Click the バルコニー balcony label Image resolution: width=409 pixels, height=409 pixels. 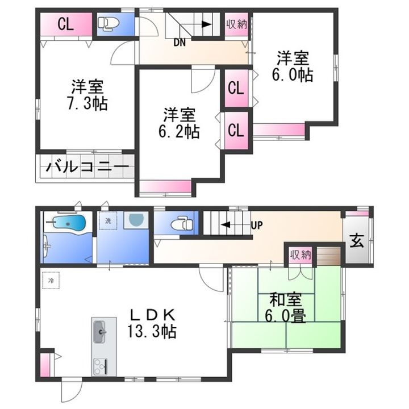pyautogui.click(x=87, y=166)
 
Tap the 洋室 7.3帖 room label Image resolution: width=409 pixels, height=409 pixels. pyautogui.click(x=87, y=95)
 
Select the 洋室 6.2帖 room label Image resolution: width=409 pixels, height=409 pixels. pyautogui.click(x=179, y=123)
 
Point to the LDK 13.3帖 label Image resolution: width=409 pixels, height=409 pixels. pyautogui.click(x=152, y=323)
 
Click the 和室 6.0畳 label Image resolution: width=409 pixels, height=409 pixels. pyautogui.click(x=285, y=308)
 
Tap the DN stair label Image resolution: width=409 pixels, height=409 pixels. pyautogui.click(x=180, y=43)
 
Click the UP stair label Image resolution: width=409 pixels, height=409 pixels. pyautogui.click(x=257, y=225)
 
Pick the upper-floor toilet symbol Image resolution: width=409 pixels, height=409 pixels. pyautogui.click(x=108, y=24)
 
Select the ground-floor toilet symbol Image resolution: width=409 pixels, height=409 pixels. pyautogui.click(x=182, y=224)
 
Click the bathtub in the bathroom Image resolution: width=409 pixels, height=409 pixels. pyautogui.click(x=66, y=223)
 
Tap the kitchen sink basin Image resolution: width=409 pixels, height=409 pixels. pyautogui.click(x=99, y=332)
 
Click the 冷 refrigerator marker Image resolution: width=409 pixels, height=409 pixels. pyautogui.click(x=51, y=281)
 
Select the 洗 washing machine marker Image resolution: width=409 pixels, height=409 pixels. pyautogui.click(x=108, y=220)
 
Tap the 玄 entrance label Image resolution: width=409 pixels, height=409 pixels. pyautogui.click(x=356, y=240)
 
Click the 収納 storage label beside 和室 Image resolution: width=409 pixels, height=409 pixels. pyautogui.click(x=301, y=254)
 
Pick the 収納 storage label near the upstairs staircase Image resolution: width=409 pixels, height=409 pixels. pyautogui.click(x=236, y=24)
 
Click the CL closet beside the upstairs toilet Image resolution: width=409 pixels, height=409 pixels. pyautogui.click(x=65, y=24)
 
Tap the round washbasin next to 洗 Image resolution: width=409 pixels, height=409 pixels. pyautogui.click(x=136, y=220)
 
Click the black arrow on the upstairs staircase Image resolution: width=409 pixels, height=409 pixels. pyautogui.click(x=207, y=24)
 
